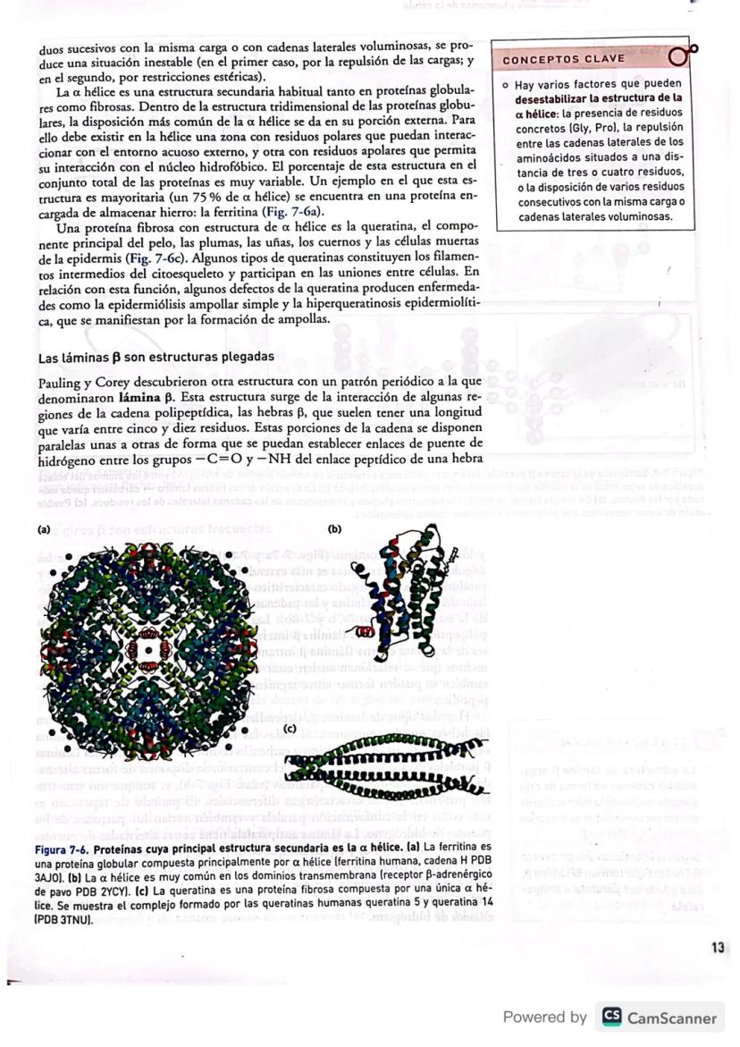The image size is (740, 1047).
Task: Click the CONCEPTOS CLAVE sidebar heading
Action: click(x=564, y=59)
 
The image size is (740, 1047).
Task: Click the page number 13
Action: click(x=718, y=947)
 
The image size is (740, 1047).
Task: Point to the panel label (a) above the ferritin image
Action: click(x=44, y=528)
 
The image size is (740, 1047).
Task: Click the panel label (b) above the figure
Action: click(x=336, y=528)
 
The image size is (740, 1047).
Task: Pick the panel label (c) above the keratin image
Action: click(x=290, y=729)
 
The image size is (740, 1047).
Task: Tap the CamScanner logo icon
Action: click(x=611, y=1017)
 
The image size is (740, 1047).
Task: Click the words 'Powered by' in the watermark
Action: click(x=545, y=1017)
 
